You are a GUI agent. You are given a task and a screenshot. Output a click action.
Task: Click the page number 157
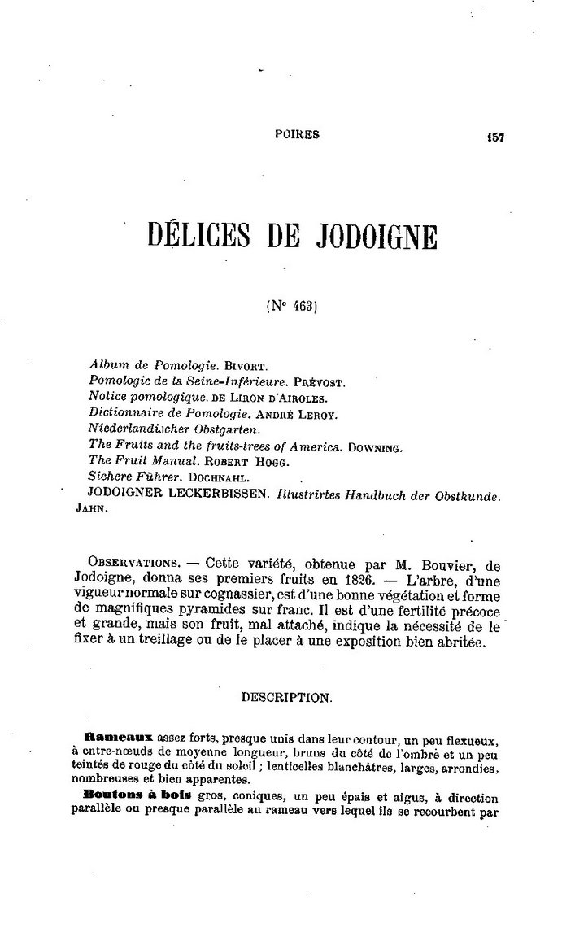coord(495,137)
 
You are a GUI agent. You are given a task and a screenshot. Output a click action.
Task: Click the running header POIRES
coord(297,136)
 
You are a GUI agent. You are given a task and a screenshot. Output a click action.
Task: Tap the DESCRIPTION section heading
coord(286,696)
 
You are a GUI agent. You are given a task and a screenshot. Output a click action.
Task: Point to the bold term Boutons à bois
coord(124,799)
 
